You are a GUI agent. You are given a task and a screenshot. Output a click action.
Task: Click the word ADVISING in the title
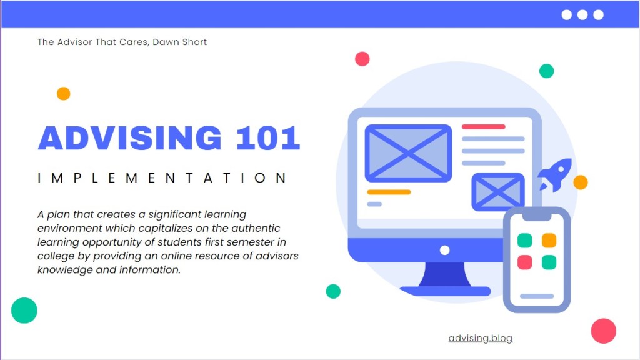(x=130, y=138)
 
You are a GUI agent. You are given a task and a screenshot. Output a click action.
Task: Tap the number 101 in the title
(x=267, y=138)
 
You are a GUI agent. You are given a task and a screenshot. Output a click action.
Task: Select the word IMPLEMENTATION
(x=162, y=178)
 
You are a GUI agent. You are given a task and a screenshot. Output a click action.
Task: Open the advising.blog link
(x=481, y=338)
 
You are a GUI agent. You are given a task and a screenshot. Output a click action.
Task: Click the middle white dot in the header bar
(x=582, y=15)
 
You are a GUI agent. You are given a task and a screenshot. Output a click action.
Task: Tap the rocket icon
(x=555, y=175)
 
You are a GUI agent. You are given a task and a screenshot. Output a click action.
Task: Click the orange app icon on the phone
(x=549, y=241)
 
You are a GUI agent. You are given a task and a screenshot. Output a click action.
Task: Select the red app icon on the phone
(x=525, y=262)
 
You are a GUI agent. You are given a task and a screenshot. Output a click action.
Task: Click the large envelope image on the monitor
(x=408, y=153)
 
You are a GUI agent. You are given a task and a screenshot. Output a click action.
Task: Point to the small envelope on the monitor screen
(x=498, y=192)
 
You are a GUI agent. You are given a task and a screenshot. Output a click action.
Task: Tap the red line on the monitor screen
(x=484, y=126)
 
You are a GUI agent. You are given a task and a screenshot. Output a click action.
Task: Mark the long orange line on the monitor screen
(x=389, y=192)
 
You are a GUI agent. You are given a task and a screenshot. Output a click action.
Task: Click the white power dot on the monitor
(x=445, y=250)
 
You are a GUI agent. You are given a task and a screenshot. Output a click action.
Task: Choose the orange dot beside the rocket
(x=581, y=182)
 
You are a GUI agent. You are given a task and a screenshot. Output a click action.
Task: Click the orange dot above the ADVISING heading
(x=63, y=94)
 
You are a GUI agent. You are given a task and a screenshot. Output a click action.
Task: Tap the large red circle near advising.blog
(x=603, y=331)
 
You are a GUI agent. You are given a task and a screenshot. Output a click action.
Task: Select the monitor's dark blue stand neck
(x=445, y=274)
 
